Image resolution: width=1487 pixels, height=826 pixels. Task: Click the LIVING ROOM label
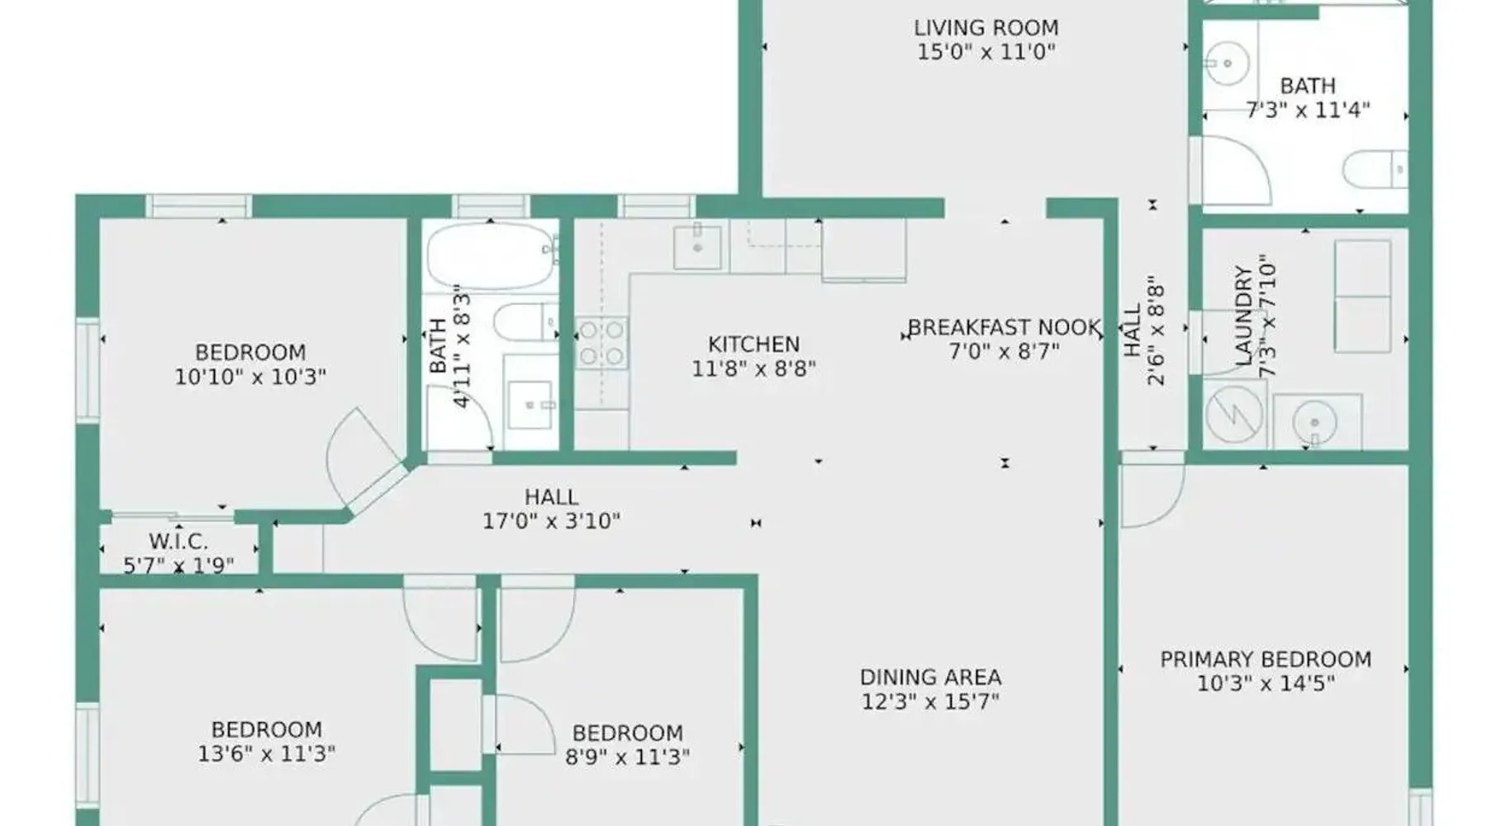pyautogui.click(x=986, y=28)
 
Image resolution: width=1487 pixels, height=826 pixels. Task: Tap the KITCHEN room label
pyautogui.click(x=753, y=344)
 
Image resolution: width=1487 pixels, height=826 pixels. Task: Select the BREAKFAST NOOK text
pyautogui.click(x=1005, y=328)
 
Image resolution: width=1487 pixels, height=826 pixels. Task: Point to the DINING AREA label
pyautogui.click(x=930, y=677)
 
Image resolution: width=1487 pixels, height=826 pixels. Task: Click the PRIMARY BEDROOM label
pyautogui.click(x=1266, y=659)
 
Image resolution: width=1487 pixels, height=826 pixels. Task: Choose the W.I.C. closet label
pyautogui.click(x=178, y=542)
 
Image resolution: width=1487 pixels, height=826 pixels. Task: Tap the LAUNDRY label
pyautogui.click(x=1244, y=316)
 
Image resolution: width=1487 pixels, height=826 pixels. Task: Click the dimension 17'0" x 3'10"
pyautogui.click(x=551, y=521)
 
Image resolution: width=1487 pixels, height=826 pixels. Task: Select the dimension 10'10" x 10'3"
pyautogui.click(x=250, y=377)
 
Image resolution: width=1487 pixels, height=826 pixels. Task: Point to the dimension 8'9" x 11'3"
pyautogui.click(x=627, y=757)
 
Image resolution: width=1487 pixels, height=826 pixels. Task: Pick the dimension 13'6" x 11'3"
pyautogui.click(x=266, y=753)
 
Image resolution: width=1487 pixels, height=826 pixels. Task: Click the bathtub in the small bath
pyautogui.click(x=491, y=255)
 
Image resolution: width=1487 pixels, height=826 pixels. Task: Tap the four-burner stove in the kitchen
pyautogui.click(x=601, y=343)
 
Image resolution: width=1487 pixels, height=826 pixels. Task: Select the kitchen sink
pyautogui.click(x=698, y=246)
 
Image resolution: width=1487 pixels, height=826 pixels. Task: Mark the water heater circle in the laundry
pyautogui.click(x=1234, y=414)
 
